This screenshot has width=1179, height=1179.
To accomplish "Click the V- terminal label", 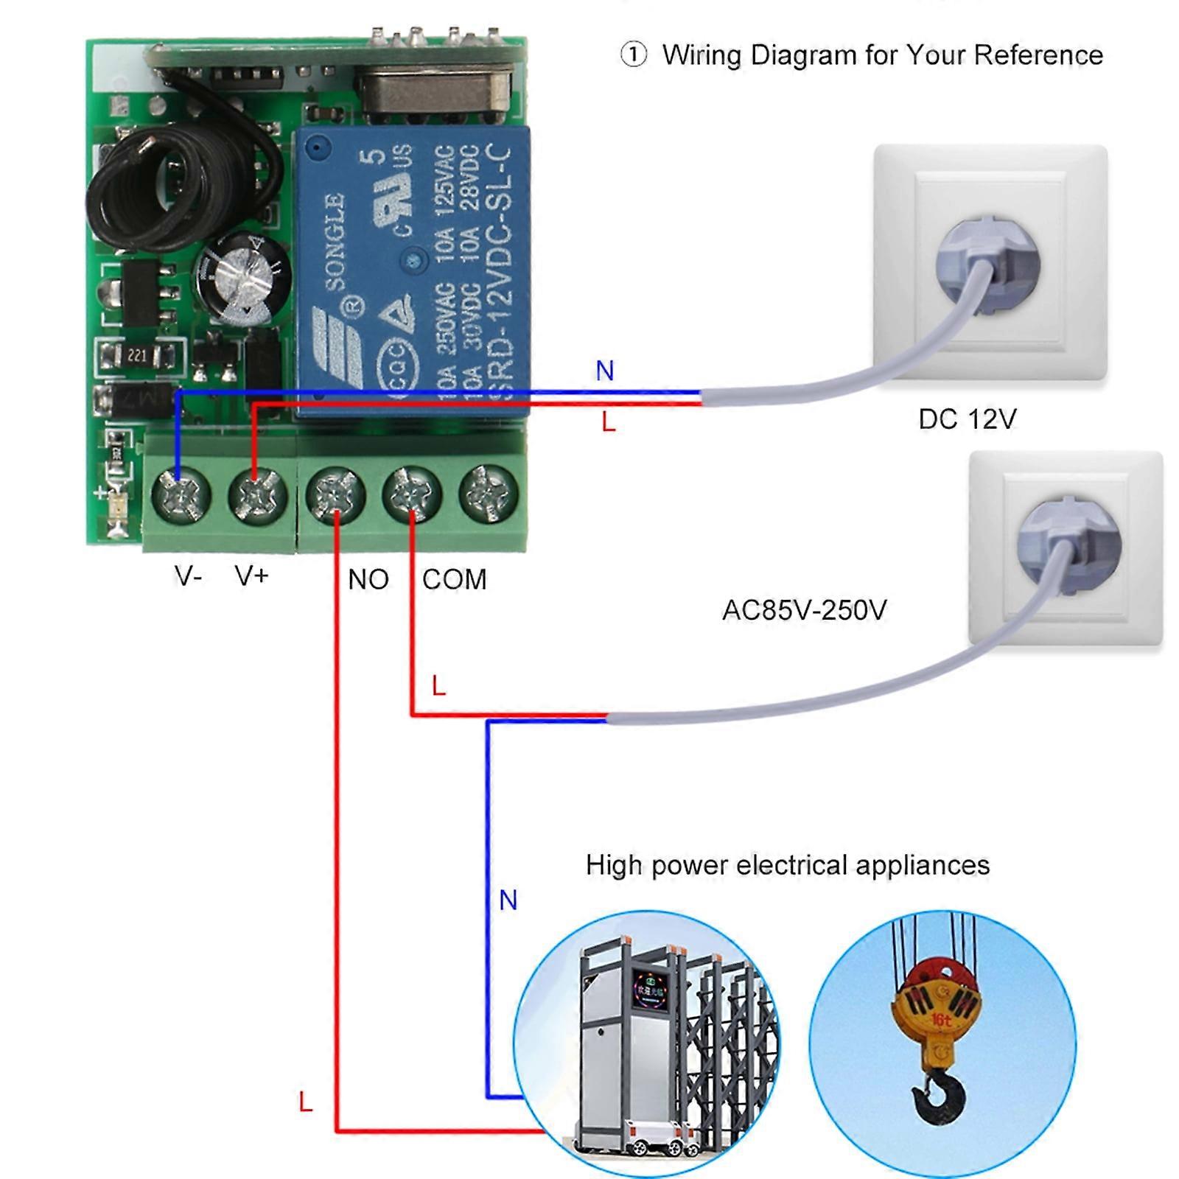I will pos(188,575).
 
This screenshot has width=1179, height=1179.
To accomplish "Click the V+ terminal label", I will pos(252,575).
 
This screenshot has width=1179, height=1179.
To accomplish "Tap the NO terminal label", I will pos(368,580).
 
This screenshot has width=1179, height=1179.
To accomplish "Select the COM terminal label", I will pos(454,580).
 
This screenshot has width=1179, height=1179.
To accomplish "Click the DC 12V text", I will pos(967,419).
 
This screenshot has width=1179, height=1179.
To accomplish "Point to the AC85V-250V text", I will pos(804,610).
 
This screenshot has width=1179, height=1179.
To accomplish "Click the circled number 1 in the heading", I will pos(633,55).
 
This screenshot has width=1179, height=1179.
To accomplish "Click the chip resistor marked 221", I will pos(138,356).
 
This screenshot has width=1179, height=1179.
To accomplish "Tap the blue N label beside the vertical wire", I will pos(508,900).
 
